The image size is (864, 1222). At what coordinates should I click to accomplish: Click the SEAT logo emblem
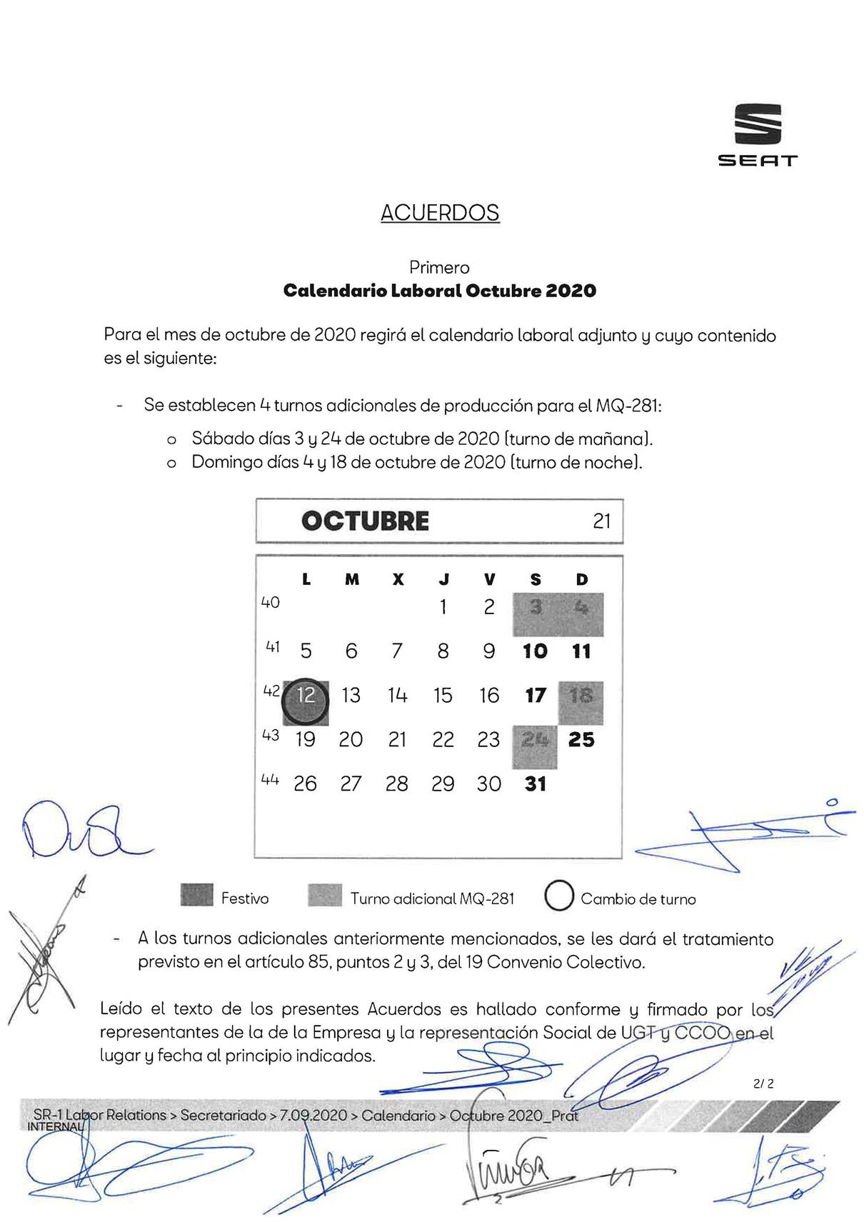tap(758, 124)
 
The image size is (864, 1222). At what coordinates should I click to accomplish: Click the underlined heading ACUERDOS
tap(440, 213)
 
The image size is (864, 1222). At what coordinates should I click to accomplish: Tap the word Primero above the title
tap(439, 268)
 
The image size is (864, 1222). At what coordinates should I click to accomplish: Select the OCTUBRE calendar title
tap(365, 521)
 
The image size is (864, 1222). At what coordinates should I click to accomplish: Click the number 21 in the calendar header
tap(601, 521)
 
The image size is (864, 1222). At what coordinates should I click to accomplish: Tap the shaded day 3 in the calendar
tap(536, 608)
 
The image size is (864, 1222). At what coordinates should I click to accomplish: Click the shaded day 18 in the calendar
tap(581, 696)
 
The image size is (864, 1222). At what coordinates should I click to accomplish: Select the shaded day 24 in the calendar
tap(535, 740)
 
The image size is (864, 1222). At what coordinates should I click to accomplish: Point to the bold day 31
tap(536, 784)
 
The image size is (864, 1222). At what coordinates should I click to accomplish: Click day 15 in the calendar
tap(443, 696)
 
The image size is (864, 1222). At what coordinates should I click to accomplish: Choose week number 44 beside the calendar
tap(270, 780)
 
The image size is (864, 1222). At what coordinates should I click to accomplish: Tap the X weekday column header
tap(398, 579)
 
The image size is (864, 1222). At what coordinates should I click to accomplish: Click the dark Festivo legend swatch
tap(197, 895)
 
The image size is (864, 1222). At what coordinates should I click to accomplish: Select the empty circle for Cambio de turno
tap(559, 896)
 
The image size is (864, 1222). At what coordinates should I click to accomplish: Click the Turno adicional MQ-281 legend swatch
tap(325, 895)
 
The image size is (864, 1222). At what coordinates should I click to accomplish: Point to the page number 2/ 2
tap(763, 1083)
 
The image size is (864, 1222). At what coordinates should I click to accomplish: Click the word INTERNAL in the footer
tap(55, 1127)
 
